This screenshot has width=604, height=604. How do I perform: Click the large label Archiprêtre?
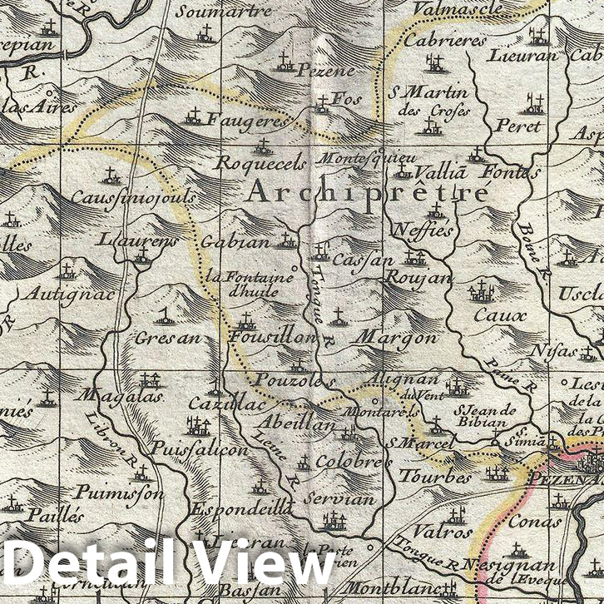(369, 193)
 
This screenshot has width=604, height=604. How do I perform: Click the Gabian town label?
(235, 243)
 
